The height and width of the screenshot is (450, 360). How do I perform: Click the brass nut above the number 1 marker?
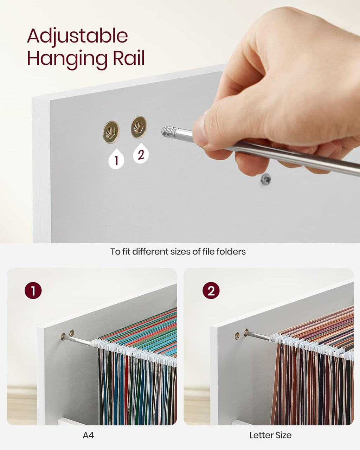(111, 132)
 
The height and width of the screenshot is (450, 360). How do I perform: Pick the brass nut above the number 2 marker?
(139, 127)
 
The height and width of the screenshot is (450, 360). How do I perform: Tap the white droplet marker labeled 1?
(116, 159)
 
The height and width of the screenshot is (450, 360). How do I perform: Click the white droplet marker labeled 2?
(141, 154)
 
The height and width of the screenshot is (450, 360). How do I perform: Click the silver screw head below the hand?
(266, 179)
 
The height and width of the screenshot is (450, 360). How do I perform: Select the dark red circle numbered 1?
(33, 290)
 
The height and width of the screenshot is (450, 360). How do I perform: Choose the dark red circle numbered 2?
(211, 290)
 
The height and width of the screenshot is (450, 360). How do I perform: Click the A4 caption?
(88, 435)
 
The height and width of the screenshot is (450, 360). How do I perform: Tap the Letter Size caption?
(270, 435)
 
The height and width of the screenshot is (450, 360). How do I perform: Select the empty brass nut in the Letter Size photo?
(237, 336)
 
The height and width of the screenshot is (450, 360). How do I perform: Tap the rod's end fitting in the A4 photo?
(63, 337)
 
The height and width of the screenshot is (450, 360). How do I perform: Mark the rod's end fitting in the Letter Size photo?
(246, 333)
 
